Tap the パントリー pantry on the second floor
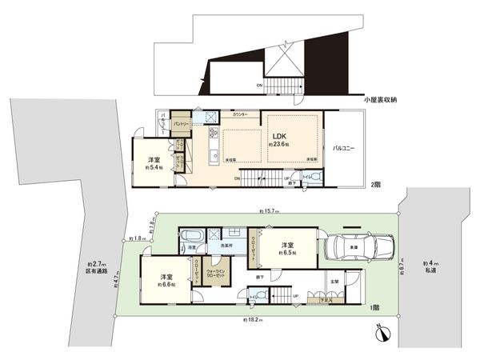click(x=182, y=124)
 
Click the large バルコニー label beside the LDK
click(x=344, y=148)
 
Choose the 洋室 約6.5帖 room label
click(x=289, y=248)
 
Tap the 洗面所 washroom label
click(x=227, y=246)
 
